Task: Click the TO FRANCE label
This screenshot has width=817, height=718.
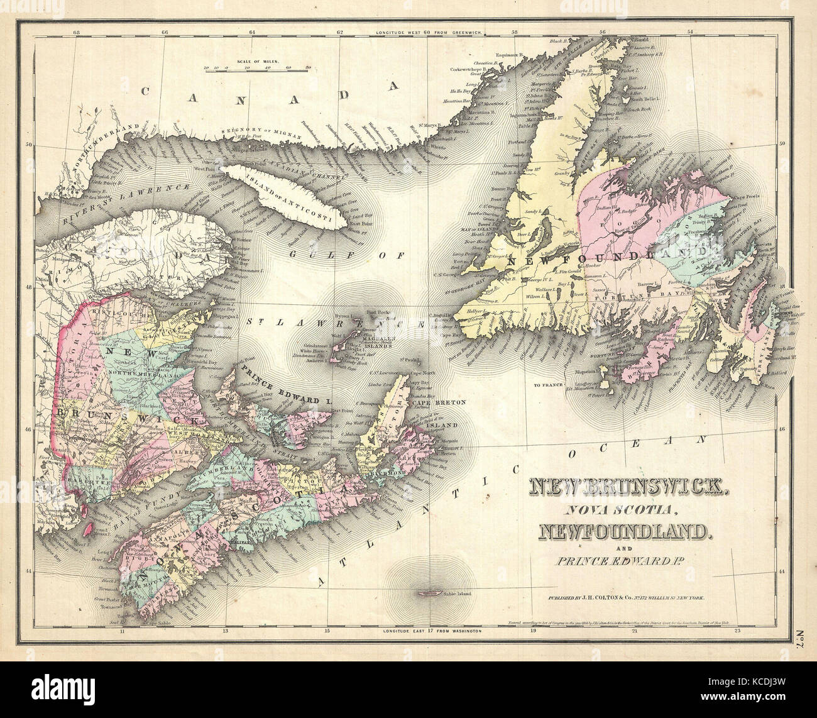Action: tap(547, 383)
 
